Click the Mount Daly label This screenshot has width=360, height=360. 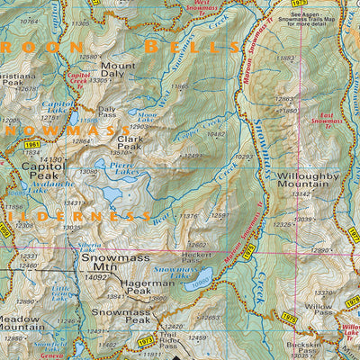pos(118,71)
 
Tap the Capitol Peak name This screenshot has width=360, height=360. pos(42,172)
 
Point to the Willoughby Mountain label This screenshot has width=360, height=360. pos(308,181)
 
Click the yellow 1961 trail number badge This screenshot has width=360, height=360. pos(33,144)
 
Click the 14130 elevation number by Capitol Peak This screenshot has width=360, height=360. pos(51,159)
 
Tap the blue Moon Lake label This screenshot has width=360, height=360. pos(143,115)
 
